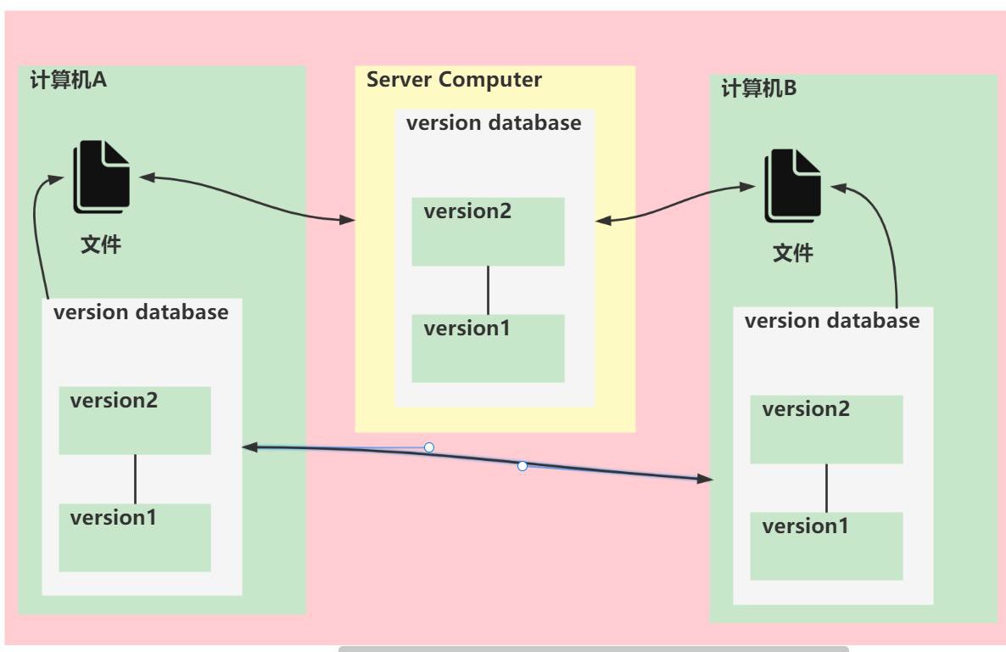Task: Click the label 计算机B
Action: (x=759, y=88)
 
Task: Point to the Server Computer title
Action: (x=454, y=80)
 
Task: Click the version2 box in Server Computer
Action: (x=488, y=232)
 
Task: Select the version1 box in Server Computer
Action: (x=488, y=348)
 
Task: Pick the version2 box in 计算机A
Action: (x=134, y=420)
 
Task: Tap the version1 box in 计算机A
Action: (x=134, y=537)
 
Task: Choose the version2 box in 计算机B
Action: (x=826, y=430)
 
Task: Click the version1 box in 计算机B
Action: (x=826, y=546)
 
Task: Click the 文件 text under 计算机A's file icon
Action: (x=101, y=245)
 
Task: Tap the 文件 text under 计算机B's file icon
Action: (x=793, y=253)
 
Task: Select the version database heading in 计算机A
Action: (x=141, y=312)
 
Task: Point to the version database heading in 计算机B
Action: (x=832, y=321)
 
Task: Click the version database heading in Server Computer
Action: (x=494, y=122)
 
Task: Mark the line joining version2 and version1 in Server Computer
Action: (x=488, y=290)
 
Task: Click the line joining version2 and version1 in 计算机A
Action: (x=135, y=479)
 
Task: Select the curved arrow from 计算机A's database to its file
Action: (x=36, y=238)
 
